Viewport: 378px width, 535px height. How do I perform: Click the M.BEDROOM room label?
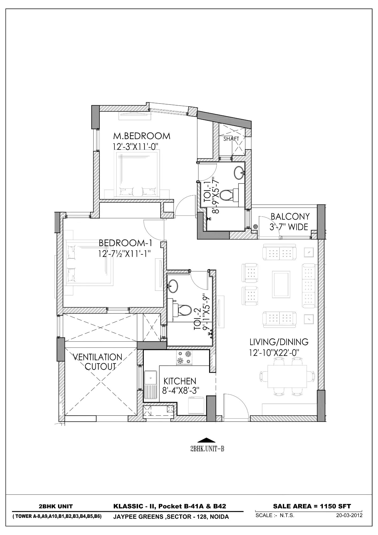click(142, 136)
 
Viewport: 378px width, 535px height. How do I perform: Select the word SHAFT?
click(231, 139)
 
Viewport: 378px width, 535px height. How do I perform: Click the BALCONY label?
click(290, 216)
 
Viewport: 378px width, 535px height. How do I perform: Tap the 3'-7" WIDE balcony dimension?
click(288, 227)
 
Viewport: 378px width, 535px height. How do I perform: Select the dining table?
click(287, 376)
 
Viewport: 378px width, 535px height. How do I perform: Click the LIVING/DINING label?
click(279, 342)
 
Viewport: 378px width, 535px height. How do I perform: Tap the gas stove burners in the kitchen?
click(184, 357)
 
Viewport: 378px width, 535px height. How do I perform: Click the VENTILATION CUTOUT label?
click(98, 362)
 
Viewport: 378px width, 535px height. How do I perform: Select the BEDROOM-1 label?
click(125, 243)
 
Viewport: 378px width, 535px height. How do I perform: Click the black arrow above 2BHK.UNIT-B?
click(206, 441)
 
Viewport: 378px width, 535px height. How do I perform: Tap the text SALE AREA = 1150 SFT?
click(312, 506)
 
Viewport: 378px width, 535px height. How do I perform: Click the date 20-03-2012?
click(349, 515)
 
